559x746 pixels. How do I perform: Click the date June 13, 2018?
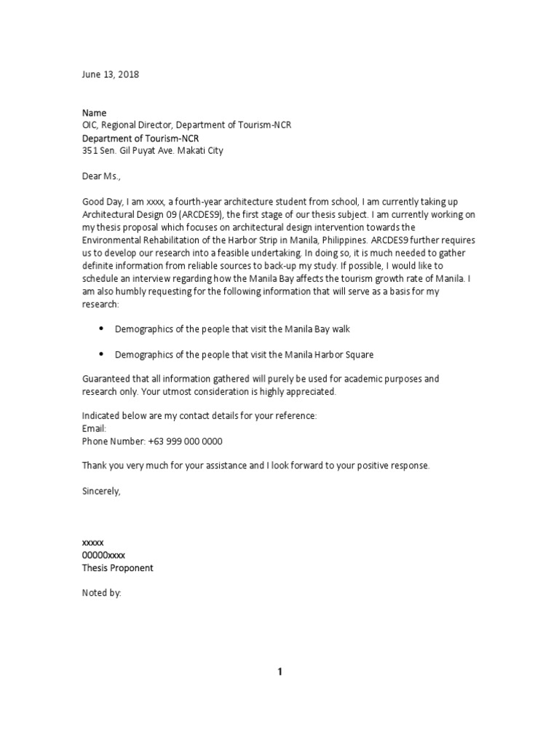(110, 74)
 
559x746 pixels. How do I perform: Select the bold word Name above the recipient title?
(94, 113)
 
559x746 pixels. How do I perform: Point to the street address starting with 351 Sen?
(153, 151)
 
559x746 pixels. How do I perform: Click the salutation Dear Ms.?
(103, 176)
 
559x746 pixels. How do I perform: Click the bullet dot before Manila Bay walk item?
(101, 329)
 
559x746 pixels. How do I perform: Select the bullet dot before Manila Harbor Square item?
(101, 354)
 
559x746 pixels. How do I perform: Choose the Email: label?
(94, 429)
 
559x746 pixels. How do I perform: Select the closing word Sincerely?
(101, 492)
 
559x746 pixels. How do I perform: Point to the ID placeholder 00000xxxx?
(103, 555)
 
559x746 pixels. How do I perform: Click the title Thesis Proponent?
(118, 568)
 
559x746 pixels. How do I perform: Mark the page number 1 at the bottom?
(279, 672)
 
